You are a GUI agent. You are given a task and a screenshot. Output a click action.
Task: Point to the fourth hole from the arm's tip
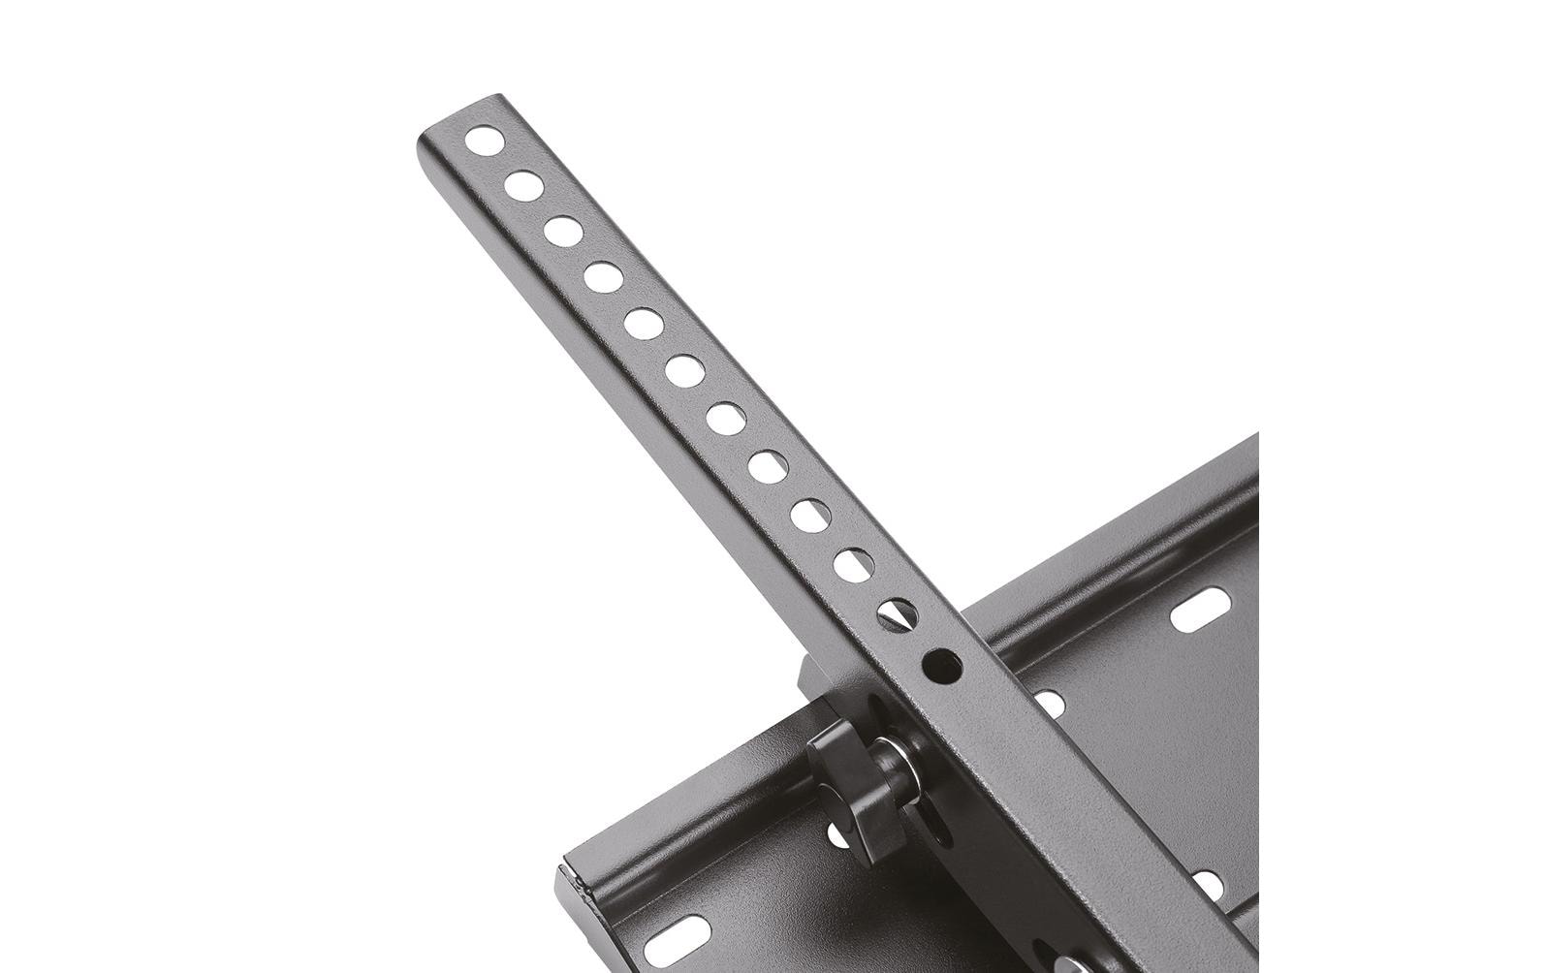pyautogui.click(x=603, y=277)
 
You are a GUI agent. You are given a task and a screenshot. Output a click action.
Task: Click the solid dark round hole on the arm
pyautogui.click(x=941, y=665)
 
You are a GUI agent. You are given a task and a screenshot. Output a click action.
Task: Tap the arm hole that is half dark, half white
pyautogui.click(x=897, y=612)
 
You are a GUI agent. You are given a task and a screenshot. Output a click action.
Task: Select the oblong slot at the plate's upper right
pyautogui.click(x=1200, y=613)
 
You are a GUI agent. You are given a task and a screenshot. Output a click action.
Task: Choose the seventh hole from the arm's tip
pyautogui.click(x=726, y=417)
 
